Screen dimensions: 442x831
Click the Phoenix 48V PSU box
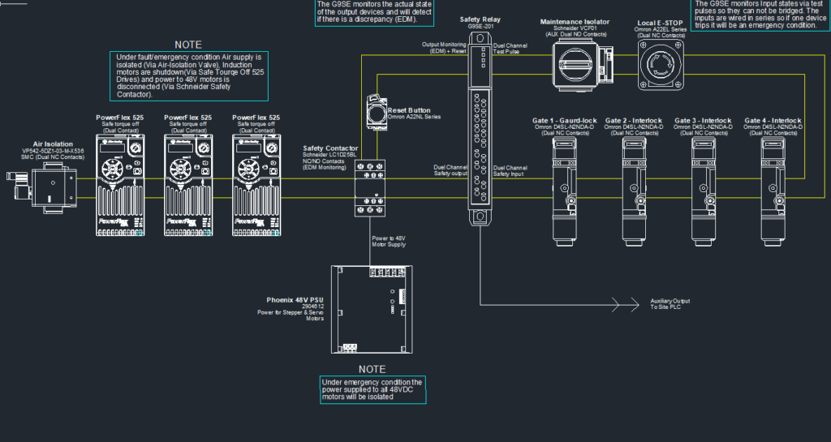[372, 305]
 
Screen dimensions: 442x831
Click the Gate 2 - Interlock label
[634, 121]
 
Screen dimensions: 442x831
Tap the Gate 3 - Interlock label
[704, 121]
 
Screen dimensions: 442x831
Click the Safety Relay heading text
[480, 19]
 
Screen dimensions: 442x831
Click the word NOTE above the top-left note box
[188, 45]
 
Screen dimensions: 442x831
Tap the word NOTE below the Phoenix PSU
[372, 368]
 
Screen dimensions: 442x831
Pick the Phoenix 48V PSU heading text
[295, 300]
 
